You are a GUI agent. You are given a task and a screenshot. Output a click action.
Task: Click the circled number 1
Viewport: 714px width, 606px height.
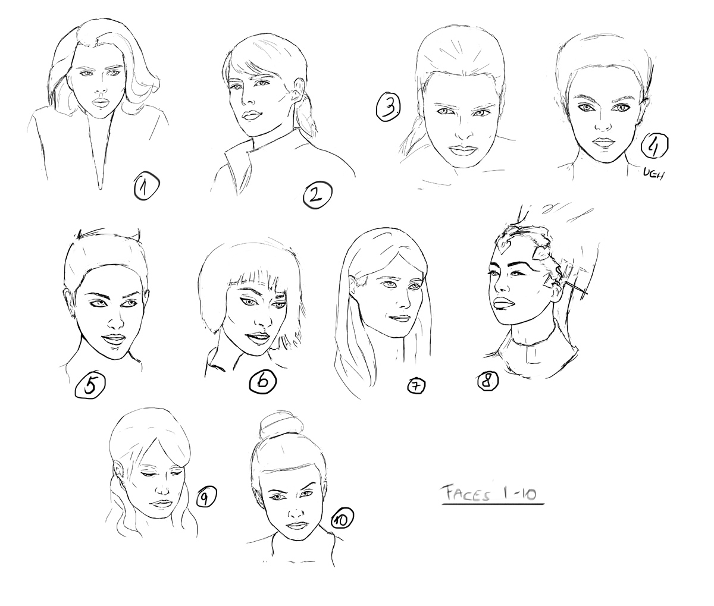(146, 187)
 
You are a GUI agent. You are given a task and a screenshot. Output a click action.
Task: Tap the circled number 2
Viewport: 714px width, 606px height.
(317, 196)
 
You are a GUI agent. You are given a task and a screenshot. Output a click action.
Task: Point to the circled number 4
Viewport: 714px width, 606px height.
(654, 146)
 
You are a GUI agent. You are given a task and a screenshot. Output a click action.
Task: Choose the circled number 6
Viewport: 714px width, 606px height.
(262, 381)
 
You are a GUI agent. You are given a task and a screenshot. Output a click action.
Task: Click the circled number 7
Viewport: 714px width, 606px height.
(416, 386)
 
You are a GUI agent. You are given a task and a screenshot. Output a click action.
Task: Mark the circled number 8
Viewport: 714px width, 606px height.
(488, 381)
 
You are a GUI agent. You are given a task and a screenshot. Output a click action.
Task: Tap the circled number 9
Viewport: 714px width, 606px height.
(206, 497)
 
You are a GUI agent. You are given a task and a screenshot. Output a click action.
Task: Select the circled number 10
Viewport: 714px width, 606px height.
(342, 520)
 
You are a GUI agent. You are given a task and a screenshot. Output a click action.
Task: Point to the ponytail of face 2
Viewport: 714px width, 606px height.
(305, 114)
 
